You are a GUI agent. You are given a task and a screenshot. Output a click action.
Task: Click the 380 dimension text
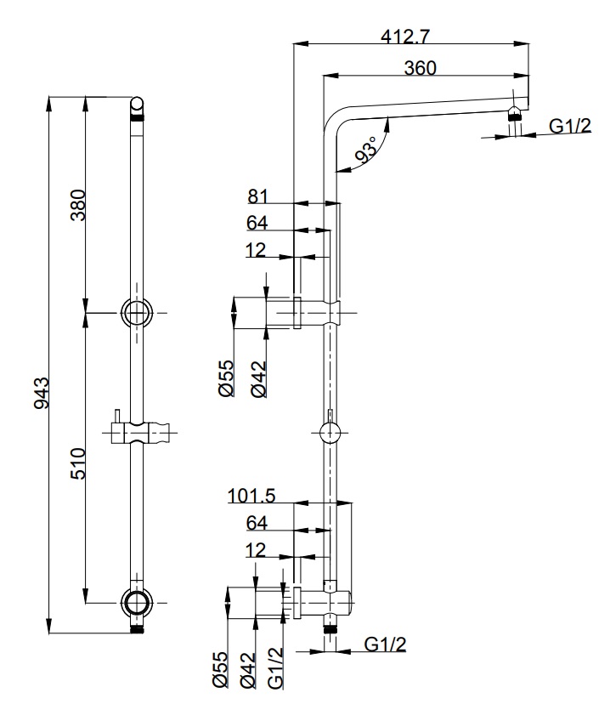tap(77, 205)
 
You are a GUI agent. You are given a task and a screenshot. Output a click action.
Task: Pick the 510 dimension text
tap(77, 463)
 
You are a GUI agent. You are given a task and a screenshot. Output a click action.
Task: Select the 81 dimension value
tap(257, 196)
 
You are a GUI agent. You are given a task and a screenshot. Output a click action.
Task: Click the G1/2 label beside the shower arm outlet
tap(569, 127)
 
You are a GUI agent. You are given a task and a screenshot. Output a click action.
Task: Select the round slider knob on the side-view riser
tap(330, 434)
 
